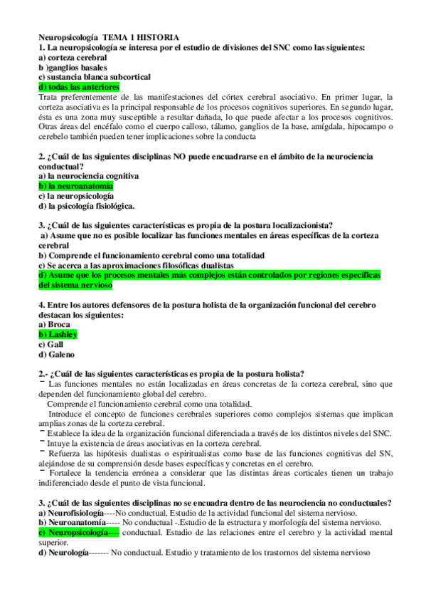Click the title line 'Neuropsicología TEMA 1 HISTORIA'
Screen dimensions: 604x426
click(x=108, y=37)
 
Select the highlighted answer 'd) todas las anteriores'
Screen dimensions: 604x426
click(x=79, y=86)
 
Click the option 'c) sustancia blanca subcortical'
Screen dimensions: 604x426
click(x=94, y=76)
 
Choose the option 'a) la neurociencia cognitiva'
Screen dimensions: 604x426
click(x=88, y=175)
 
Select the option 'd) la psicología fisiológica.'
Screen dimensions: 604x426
click(x=86, y=206)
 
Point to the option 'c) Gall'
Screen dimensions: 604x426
click(x=50, y=344)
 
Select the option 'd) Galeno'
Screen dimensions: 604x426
click(x=56, y=354)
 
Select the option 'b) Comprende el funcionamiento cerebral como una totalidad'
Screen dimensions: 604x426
click(x=151, y=255)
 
